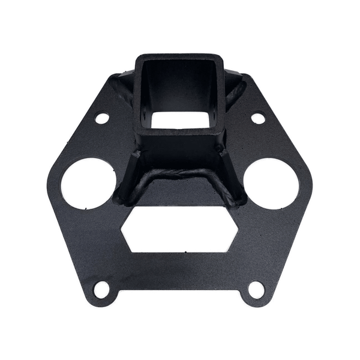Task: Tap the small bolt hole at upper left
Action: click(102, 118)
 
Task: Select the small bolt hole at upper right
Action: click(258, 118)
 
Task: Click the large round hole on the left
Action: click(88, 183)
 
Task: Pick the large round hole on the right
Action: click(271, 183)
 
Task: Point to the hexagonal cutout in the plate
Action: click(180, 230)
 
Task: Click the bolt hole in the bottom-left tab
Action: click(102, 289)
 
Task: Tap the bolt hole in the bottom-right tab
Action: click(256, 289)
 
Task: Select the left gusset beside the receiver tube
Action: click(128, 180)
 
